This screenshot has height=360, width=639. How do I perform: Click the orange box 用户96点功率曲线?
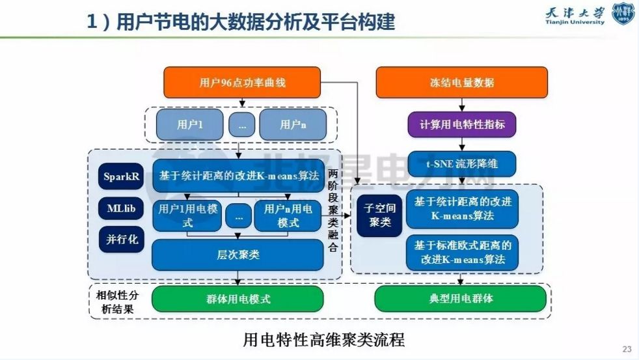[242, 83]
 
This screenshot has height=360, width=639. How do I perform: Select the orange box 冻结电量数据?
[462, 83]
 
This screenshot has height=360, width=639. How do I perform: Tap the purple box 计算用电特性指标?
[462, 124]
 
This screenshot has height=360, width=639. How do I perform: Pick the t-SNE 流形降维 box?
[462, 164]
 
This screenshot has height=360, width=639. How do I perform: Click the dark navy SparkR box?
[121, 176]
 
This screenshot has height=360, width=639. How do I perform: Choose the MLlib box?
[121, 208]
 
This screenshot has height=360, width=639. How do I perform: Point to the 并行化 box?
[122, 240]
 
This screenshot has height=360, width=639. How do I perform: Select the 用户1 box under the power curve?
[190, 124]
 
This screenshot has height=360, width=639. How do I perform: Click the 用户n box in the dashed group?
[293, 124]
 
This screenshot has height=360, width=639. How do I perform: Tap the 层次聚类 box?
[238, 255]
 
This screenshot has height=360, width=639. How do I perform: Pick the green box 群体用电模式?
[238, 299]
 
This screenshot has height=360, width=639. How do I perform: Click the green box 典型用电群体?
[461, 298]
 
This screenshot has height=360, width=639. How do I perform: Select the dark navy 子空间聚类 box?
[379, 215]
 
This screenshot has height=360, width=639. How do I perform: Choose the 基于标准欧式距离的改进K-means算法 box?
[462, 253]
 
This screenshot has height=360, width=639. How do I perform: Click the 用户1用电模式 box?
[187, 216]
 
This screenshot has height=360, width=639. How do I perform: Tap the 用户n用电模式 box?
[288, 216]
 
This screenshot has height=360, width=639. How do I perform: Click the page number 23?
[627, 349]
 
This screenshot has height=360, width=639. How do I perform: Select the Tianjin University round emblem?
[623, 14]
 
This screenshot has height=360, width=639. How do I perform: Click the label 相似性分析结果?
[117, 302]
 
